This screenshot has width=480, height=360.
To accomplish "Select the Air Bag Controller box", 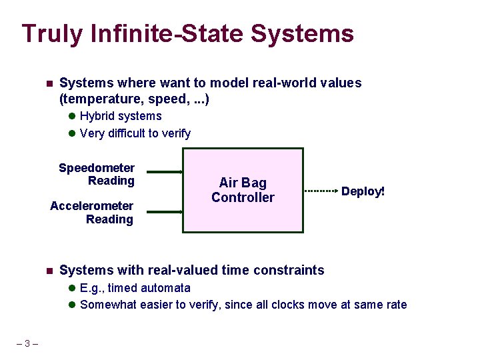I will pyautogui.click(x=243, y=190).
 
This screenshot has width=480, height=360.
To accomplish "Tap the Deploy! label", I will pyautogui.click(x=363, y=191).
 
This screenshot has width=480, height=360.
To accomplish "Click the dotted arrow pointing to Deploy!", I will pyautogui.click(x=322, y=191).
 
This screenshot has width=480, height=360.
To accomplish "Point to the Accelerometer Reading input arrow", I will pyautogui.click(x=164, y=212).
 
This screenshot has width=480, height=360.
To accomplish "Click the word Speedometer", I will pyautogui.click(x=97, y=168).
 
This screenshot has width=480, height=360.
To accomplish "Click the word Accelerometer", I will pyautogui.click(x=92, y=206).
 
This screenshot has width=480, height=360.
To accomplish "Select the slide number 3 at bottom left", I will pyautogui.click(x=27, y=344).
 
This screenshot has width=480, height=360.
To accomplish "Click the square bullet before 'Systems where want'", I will pyautogui.click(x=49, y=84).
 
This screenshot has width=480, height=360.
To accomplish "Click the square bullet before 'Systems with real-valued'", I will pyautogui.click(x=49, y=271).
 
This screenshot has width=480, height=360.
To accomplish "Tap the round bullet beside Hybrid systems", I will pyautogui.click(x=71, y=117).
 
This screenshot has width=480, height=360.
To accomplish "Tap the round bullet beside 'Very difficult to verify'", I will pyautogui.click(x=71, y=134).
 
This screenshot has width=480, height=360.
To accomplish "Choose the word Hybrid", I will pyautogui.click(x=97, y=116).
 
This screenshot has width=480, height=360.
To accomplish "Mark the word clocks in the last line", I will pyautogui.click(x=295, y=305).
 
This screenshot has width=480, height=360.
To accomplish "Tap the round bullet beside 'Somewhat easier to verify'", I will pyautogui.click(x=71, y=305).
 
